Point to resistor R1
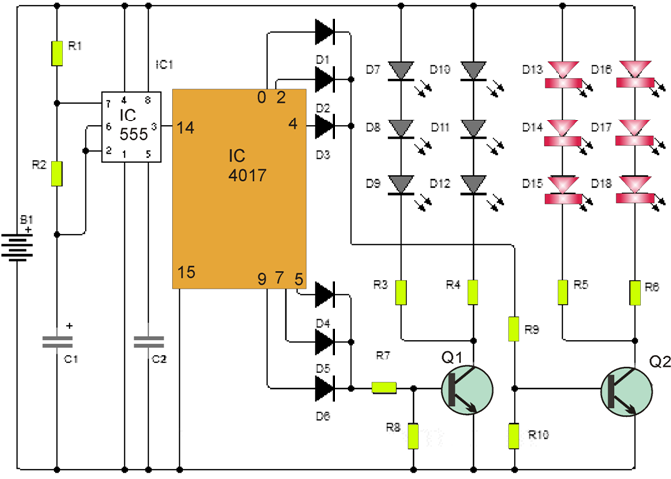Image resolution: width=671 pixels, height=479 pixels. coord(57,52)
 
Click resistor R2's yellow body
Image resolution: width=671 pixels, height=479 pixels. coord(57,173)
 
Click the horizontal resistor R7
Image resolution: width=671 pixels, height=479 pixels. coord(384,388)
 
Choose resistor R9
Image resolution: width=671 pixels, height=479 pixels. coord(514,328)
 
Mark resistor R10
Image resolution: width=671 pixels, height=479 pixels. coord(514,435)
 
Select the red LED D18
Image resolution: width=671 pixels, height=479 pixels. coord(634,186)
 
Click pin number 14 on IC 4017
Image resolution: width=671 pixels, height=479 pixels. coord(186,127)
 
